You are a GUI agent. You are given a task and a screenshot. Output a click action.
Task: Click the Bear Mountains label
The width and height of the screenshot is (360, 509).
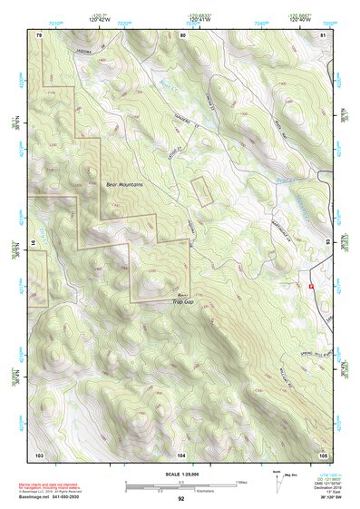[x=127, y=185]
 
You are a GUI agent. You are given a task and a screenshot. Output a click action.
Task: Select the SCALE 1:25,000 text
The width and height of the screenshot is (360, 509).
[x=181, y=472]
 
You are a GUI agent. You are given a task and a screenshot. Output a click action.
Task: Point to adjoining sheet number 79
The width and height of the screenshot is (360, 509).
[x=40, y=34]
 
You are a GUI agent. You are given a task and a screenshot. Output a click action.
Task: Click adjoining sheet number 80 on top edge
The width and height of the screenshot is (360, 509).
[x=182, y=34]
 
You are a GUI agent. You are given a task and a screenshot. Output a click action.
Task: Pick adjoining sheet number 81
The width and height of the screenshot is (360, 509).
[x=324, y=34]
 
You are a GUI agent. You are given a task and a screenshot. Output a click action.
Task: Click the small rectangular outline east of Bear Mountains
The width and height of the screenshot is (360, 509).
[x=199, y=191]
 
